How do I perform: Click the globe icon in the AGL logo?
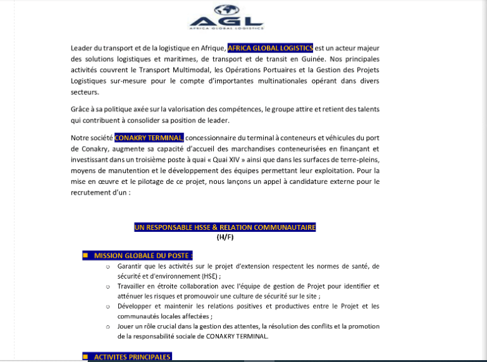click(x=226, y=9)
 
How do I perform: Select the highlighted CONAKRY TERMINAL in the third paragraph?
click(x=149, y=138)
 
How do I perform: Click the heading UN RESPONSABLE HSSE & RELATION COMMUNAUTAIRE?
click(x=225, y=227)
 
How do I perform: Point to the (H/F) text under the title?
click(x=225, y=237)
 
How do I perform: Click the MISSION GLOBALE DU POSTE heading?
click(x=142, y=256)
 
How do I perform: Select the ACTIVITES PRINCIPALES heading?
click(x=132, y=357)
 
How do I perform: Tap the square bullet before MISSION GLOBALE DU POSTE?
click(x=85, y=256)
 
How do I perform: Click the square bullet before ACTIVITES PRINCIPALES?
click(x=85, y=357)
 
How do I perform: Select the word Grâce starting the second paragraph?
click(x=80, y=109)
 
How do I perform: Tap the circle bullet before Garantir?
click(x=108, y=267)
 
